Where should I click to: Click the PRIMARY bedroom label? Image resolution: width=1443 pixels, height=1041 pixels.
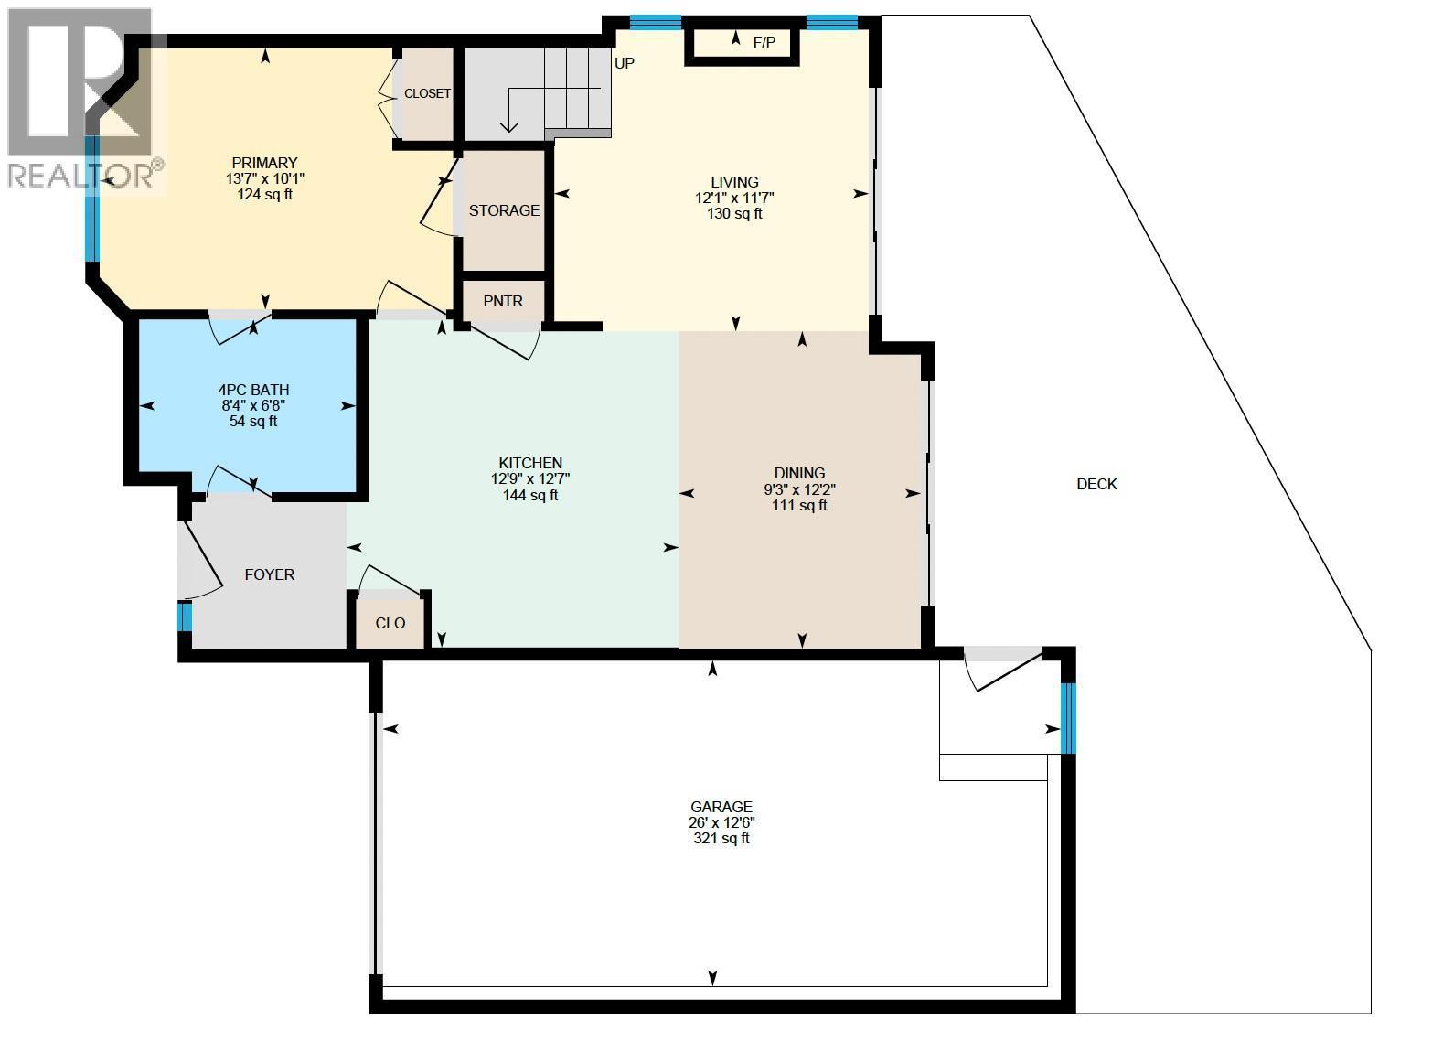coord(265,163)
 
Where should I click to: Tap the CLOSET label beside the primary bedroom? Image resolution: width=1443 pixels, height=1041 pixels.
coord(427,93)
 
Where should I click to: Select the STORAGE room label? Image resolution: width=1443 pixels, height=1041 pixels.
coord(504,210)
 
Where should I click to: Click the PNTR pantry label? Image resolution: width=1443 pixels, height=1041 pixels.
coord(503,301)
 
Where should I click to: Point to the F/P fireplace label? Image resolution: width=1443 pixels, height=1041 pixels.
coord(764,43)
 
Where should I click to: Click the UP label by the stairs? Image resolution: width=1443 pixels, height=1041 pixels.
coord(625,63)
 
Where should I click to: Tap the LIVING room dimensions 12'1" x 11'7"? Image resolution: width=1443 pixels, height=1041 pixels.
coord(734,198)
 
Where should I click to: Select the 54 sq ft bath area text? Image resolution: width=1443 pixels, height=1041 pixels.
coord(253,422)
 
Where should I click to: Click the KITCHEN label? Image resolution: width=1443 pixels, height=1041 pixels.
coord(530,463)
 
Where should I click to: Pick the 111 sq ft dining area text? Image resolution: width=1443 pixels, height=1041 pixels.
coord(799,506)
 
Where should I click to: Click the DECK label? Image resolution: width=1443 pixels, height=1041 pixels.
coord(1096,484)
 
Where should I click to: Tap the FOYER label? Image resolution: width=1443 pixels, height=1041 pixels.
coord(269,574)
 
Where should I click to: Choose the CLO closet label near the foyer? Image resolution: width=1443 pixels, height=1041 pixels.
coord(390,623)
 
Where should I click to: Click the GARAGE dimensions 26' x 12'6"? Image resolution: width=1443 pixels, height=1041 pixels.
coord(721,822)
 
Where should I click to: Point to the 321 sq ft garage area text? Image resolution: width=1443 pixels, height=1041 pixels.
coord(721,839)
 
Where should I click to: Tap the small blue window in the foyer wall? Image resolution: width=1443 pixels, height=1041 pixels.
coord(185,617)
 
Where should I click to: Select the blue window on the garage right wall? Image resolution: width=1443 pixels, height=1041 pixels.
coord(1068,718)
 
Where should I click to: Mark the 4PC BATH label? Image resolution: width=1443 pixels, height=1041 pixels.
coord(253,390)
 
